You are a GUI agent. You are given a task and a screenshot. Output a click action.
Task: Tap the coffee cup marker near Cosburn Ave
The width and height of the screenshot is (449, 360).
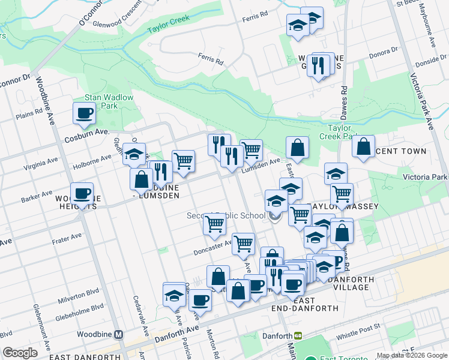coord(84,112)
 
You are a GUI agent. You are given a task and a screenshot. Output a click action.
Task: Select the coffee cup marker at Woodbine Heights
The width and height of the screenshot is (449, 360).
coord(82,193)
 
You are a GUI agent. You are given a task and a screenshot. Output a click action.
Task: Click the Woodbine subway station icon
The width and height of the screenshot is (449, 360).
coord(119,334)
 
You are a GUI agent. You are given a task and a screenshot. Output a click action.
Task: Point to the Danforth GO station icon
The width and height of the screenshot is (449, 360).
coord(297,336)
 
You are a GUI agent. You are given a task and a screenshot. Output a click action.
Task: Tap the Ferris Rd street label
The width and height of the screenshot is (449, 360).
coord(210,61)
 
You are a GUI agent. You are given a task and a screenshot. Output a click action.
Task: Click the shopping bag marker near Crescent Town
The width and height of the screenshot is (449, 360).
coord(363,146)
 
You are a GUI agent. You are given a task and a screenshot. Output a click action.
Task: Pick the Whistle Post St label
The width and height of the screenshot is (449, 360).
coord(358,327)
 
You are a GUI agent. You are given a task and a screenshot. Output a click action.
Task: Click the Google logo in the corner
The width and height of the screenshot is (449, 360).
coord(20,352)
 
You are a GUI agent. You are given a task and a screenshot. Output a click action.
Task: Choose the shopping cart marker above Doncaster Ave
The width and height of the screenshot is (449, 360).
coord(214,224)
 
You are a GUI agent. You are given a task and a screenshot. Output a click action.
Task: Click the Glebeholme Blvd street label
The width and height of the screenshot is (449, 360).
coord(80,310)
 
